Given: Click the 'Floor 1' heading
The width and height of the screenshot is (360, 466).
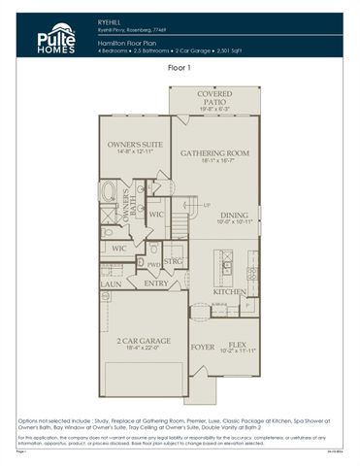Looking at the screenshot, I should pyautogui.click(x=180, y=68).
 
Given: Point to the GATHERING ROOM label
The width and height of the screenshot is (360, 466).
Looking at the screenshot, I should pyautogui.click(x=215, y=153).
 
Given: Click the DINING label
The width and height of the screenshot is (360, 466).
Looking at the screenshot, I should pyautogui.click(x=233, y=216).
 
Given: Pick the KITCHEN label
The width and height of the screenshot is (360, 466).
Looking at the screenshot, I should pyautogui.click(x=229, y=291).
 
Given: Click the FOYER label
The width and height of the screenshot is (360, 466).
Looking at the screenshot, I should pyautogui.click(x=202, y=346).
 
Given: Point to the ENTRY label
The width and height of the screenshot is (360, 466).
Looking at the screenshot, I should pyautogui.click(x=155, y=283).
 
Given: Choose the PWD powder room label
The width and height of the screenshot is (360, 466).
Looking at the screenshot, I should pyautogui.click(x=153, y=262).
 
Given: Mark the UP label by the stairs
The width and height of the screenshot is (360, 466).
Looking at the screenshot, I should pyautogui.click(x=207, y=205).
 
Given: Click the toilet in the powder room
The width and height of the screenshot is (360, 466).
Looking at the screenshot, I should pyautogui.click(x=143, y=262).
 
